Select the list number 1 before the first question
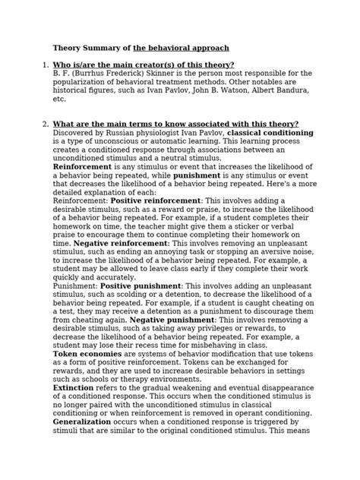pyautogui.click(x=44, y=65)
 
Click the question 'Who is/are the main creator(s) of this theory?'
pyautogui.click(x=143, y=65)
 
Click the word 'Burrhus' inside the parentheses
pyautogui.click(x=85, y=74)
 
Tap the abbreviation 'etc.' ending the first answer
pyautogui.click(x=59, y=99)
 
